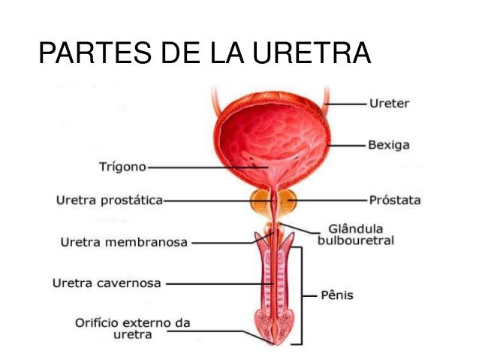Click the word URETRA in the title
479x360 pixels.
pos(312,53)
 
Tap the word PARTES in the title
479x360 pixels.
pos(95,53)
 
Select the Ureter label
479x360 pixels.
pos(389,104)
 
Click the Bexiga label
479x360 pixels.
pos(389,145)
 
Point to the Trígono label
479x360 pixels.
pos(122,167)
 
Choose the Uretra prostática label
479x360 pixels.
pos(110,201)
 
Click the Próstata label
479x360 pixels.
pos(395,200)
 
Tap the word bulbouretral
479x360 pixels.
pos(356,241)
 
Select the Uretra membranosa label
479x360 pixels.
pos(124,242)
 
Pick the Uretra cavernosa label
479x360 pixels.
pos(107,283)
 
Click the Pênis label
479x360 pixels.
pos(337,295)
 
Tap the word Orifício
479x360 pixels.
pos(98,323)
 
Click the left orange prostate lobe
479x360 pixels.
pos(261,201)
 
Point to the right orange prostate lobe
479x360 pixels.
pos(287,201)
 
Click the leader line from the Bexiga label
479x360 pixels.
pos(347,145)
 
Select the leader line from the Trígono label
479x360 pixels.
pos(208,168)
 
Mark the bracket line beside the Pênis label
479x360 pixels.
pos(302,296)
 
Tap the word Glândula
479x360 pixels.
pos(356,228)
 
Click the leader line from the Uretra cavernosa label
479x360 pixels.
pos(220,284)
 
